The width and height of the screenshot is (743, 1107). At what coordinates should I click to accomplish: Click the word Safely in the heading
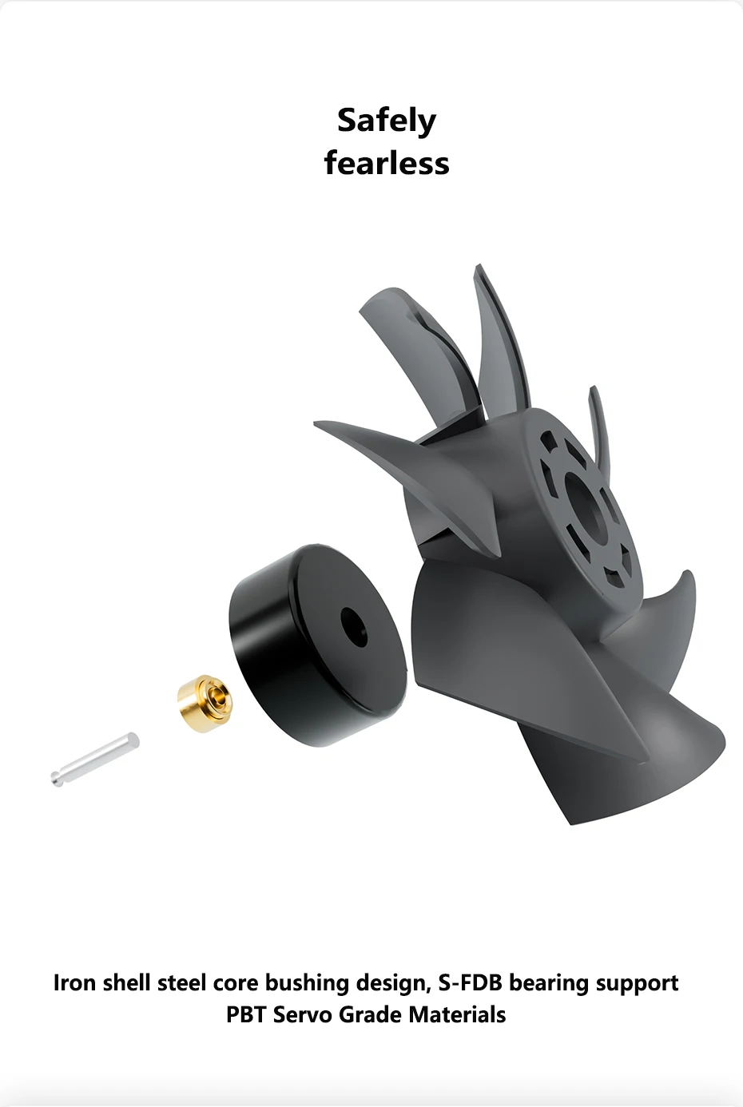click(387, 121)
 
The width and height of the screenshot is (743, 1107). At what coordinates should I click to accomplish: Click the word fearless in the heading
click(387, 163)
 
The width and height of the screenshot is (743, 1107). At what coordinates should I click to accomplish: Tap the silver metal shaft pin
click(95, 759)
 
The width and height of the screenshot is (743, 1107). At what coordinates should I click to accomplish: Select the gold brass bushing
click(205, 703)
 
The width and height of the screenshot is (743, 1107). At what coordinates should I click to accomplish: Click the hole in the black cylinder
click(354, 627)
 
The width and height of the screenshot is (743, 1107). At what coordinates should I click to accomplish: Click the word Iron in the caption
click(74, 982)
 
